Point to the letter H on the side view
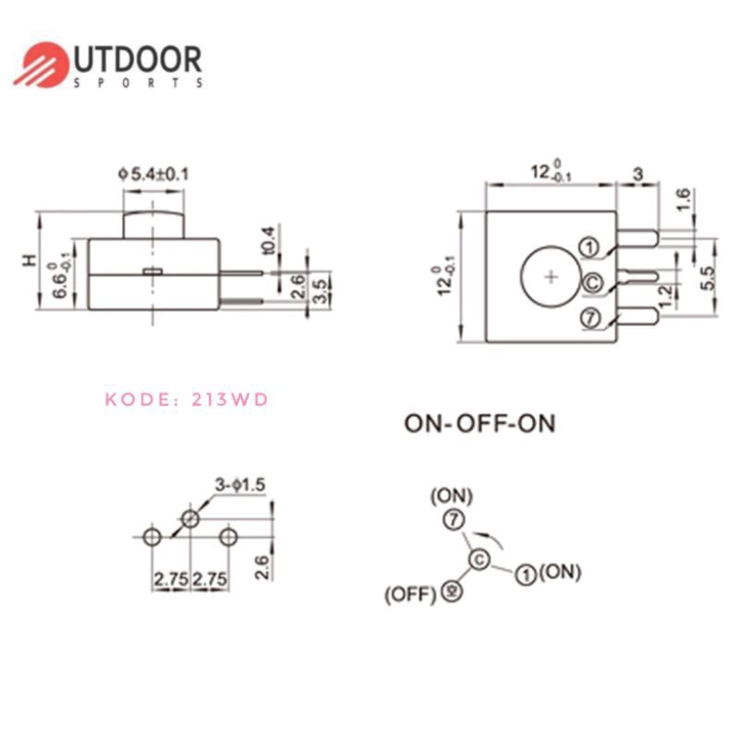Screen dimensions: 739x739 tap(31, 261)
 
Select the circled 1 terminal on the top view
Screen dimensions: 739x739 tap(589, 247)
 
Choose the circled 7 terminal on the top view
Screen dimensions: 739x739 tap(590, 317)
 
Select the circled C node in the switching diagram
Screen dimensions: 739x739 tap(479, 560)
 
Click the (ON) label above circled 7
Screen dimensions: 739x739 tap(451, 497)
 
